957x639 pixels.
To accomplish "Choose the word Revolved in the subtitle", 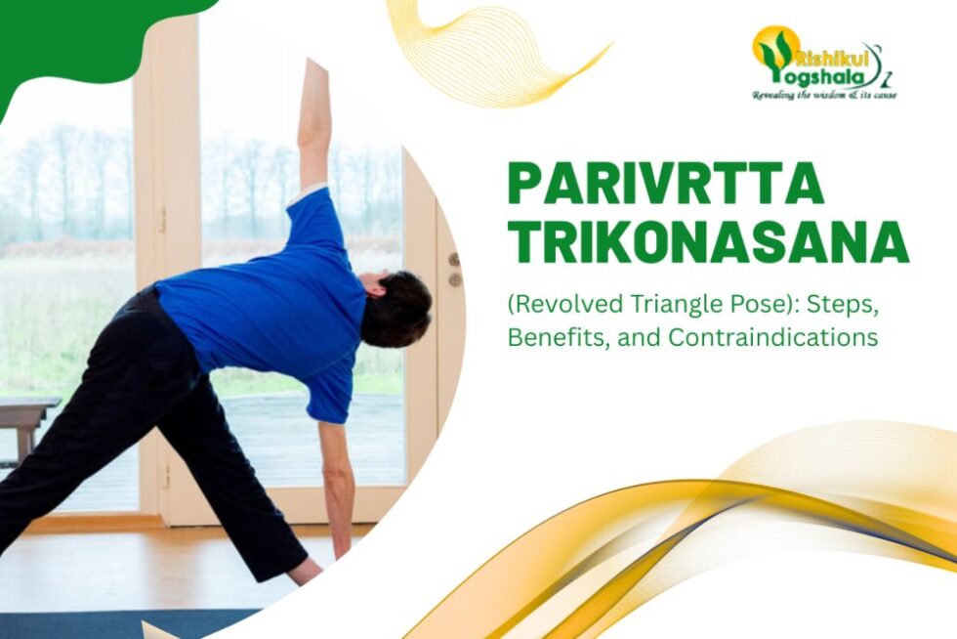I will (x=567, y=305).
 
